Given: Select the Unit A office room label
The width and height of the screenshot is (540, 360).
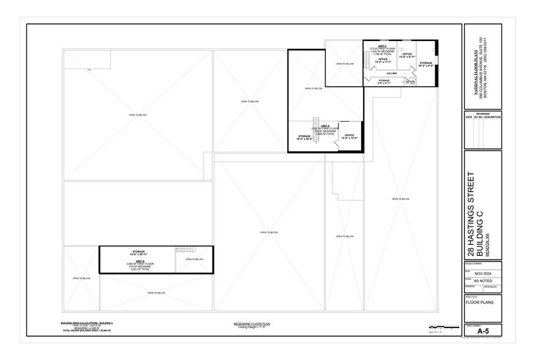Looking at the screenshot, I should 350,137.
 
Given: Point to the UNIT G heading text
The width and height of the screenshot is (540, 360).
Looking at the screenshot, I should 140,260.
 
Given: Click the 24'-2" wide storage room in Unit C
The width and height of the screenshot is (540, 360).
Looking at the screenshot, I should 426,64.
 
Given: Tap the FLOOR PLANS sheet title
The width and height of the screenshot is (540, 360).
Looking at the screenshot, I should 479,302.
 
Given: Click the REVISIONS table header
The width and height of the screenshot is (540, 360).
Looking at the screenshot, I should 483,114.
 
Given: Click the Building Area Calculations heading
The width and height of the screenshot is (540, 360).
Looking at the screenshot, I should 86,322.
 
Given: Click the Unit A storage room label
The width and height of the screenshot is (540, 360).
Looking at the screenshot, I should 305,138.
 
